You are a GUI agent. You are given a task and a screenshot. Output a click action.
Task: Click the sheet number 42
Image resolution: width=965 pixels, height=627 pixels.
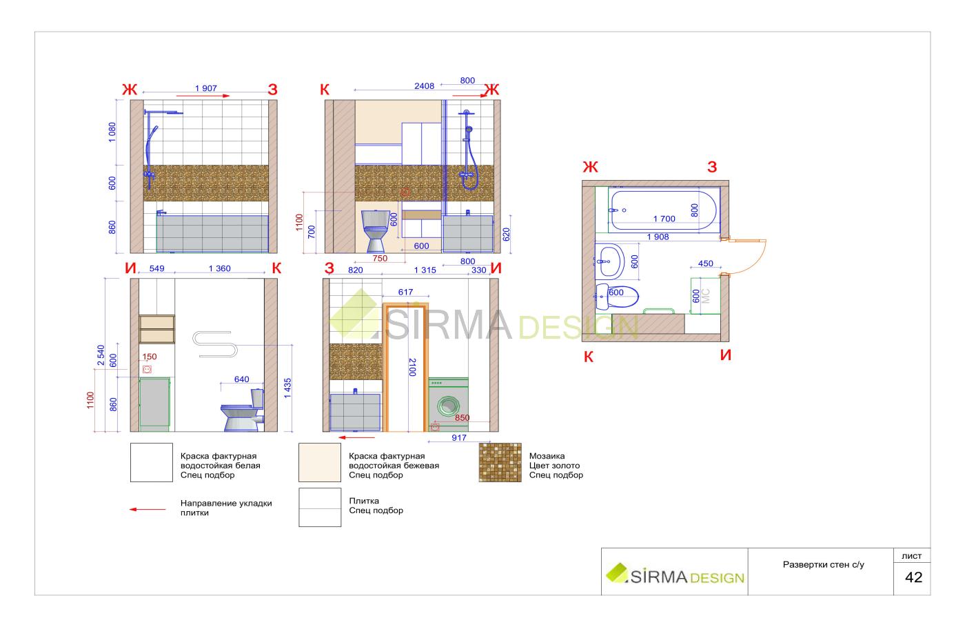tap(913, 577)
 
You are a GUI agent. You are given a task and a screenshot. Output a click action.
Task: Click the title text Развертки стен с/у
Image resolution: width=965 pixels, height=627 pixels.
tap(823, 564)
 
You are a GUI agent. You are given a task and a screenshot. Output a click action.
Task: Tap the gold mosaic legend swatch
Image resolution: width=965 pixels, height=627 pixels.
tap(500, 462)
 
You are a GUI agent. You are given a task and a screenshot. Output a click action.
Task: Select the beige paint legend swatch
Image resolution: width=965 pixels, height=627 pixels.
tap(320, 462)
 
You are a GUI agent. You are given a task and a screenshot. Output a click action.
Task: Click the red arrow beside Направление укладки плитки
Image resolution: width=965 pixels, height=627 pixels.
tap(148, 509)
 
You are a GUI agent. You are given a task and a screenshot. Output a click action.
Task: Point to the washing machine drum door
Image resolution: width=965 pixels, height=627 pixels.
tap(448, 406)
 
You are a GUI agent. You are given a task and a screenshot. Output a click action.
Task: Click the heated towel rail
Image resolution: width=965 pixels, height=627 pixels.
tap(215, 344)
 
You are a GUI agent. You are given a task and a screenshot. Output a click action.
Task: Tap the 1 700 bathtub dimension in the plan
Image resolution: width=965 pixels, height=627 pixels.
tap(664, 219)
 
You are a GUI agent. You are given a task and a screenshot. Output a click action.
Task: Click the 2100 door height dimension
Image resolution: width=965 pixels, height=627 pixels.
tap(412, 367)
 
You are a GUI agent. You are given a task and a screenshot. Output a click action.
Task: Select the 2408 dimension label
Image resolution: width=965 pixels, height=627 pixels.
tap(424, 86)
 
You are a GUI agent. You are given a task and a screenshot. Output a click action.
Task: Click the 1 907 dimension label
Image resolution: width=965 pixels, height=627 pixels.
tap(206, 88)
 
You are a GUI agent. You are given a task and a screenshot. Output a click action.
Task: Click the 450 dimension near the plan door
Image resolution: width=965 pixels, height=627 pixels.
tap(705, 263)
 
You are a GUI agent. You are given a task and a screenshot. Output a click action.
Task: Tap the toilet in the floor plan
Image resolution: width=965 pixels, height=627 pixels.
tap(617, 297)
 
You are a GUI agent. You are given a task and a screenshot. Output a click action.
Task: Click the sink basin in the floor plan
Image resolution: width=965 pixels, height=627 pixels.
tap(609, 261)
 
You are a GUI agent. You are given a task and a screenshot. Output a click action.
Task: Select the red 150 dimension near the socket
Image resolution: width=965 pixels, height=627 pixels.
tap(150, 357)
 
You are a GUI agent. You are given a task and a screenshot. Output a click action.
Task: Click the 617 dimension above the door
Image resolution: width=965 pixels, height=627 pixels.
tap(405, 292)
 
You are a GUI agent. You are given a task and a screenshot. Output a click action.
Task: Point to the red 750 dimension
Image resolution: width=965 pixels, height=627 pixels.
tap(380, 258)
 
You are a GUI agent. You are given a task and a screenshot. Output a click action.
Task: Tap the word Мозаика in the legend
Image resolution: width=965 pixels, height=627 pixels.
tap(547, 456)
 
